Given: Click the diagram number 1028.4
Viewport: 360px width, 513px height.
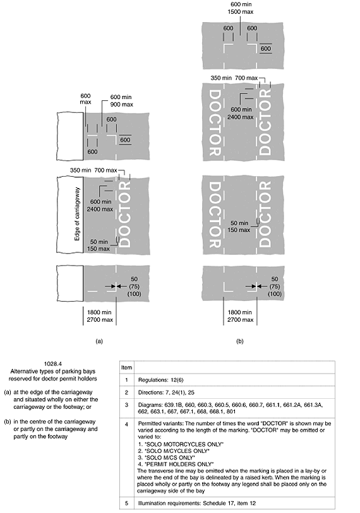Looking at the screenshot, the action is [53, 363].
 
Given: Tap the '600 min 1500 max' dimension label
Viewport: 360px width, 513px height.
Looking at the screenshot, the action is [241, 8].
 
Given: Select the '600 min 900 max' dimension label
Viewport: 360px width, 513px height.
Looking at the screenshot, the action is [121, 100].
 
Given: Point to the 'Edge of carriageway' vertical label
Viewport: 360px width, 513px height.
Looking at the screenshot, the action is [77, 214].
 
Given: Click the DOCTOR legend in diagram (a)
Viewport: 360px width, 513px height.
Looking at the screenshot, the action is [126, 215].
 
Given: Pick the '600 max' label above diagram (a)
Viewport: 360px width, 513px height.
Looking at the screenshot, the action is [85, 99].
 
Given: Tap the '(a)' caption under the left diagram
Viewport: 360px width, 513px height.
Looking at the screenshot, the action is [99, 341].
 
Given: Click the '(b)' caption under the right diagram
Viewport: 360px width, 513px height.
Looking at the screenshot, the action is [240, 341].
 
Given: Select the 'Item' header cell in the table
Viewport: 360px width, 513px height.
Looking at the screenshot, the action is [127, 367].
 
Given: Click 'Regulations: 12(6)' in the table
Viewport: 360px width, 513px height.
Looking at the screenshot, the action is [157, 380].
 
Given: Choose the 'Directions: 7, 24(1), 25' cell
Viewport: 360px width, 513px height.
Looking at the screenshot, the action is [166, 392].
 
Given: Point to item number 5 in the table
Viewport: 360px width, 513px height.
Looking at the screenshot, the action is [127, 503].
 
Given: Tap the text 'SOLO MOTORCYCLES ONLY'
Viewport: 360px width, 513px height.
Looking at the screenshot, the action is [184, 444].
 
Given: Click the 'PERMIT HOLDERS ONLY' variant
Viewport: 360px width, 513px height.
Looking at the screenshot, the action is [179, 464].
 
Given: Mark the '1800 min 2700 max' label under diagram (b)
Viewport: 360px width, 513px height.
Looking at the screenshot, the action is [240, 316].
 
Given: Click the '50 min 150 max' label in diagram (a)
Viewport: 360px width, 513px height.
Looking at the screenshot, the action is [99, 245].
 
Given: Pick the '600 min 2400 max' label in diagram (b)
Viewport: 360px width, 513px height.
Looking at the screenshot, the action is [242, 113].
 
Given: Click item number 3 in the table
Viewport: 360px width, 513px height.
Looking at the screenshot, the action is [127, 405].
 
